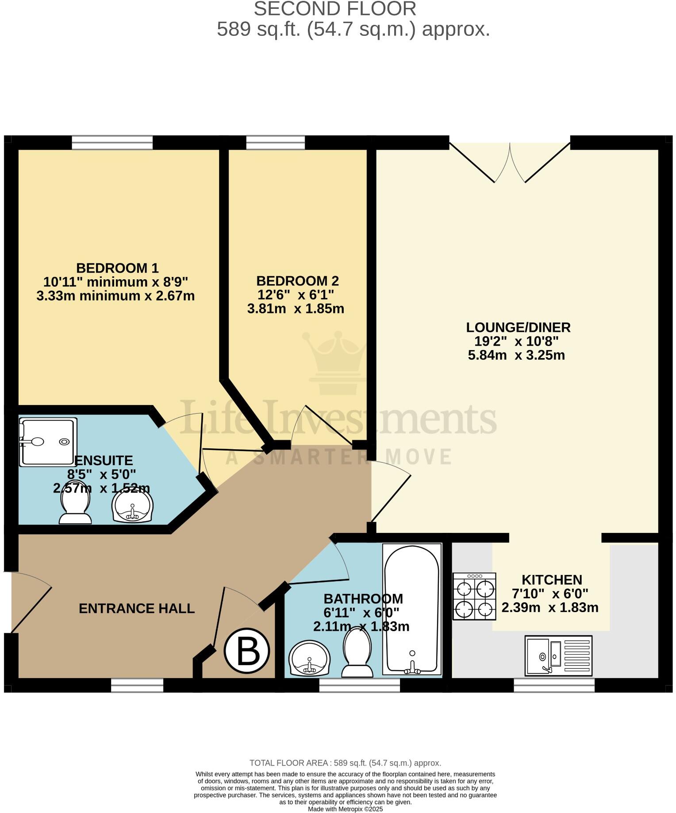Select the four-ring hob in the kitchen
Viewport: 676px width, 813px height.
pyautogui.click(x=474, y=596)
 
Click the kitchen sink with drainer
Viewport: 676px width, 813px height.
pyautogui.click(x=558, y=655)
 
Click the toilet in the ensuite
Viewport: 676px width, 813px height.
pyautogui.click(x=75, y=507)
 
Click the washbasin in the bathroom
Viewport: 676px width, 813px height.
pyautogui.click(x=309, y=659)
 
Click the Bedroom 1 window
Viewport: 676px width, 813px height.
pyautogui.click(x=112, y=143)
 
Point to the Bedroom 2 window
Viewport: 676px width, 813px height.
pyautogui.click(x=275, y=143)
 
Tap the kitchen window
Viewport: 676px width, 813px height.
pyautogui.click(x=554, y=686)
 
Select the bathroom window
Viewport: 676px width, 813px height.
pyautogui.click(x=359, y=686)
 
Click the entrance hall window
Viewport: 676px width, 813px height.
pyautogui.click(x=137, y=686)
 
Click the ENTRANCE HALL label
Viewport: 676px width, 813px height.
pyautogui.click(x=137, y=609)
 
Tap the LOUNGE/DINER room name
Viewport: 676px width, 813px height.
pyautogui.click(x=518, y=328)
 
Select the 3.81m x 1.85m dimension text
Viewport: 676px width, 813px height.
pyautogui.click(x=296, y=308)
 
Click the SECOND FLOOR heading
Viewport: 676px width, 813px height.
pyautogui.click(x=335, y=9)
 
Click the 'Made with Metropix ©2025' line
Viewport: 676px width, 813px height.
pyautogui.click(x=345, y=809)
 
